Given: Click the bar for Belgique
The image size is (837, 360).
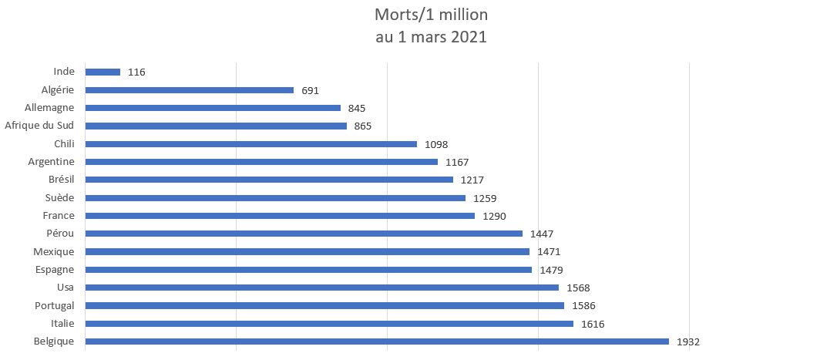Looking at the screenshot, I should tap(377, 341).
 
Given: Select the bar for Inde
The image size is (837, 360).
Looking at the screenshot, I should tap(103, 72).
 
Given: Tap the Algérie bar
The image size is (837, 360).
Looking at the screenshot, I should tap(190, 90).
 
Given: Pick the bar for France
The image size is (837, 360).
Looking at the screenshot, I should tap(280, 216).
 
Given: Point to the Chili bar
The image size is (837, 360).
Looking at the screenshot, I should tap(251, 144).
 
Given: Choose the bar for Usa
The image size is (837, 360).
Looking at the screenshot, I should tap(322, 288).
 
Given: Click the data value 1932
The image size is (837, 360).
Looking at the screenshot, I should tap(687, 341).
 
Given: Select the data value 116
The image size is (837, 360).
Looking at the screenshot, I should tap(136, 72).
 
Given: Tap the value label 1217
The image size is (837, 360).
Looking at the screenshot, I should tap(472, 180).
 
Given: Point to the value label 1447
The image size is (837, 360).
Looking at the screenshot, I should tap(542, 234).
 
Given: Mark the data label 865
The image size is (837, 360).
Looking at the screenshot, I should tap(363, 126).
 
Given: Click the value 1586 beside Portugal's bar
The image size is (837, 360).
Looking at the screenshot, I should tap(583, 306).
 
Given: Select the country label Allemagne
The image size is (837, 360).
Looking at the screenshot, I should tap(50, 108).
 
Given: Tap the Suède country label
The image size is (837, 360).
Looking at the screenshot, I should tap(59, 198).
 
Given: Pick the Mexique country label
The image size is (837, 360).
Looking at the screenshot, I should tap(54, 252).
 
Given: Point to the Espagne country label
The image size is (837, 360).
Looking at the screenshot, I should tap(54, 270).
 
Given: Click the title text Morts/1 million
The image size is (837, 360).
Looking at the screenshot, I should tap(431, 15).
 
